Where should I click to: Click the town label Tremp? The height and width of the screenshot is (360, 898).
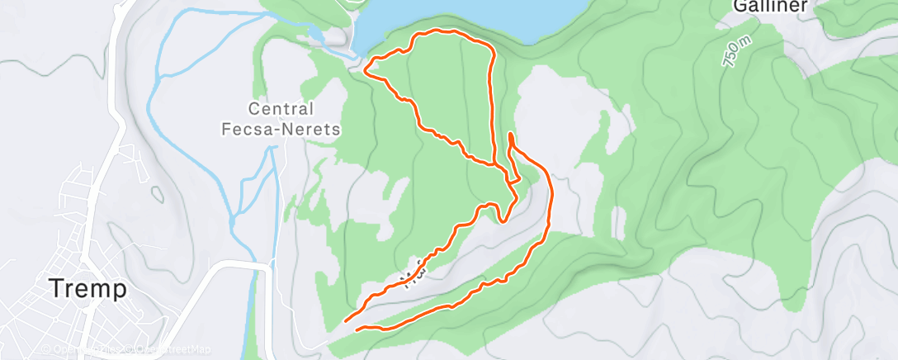click(x=88, y=289)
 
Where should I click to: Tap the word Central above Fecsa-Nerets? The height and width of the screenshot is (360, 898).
click(x=281, y=109)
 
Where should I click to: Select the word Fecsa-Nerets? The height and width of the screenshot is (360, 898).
click(x=281, y=129)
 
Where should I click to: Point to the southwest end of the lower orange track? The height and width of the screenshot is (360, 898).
click(x=357, y=329)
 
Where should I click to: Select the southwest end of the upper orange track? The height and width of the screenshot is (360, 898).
click(x=345, y=320)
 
